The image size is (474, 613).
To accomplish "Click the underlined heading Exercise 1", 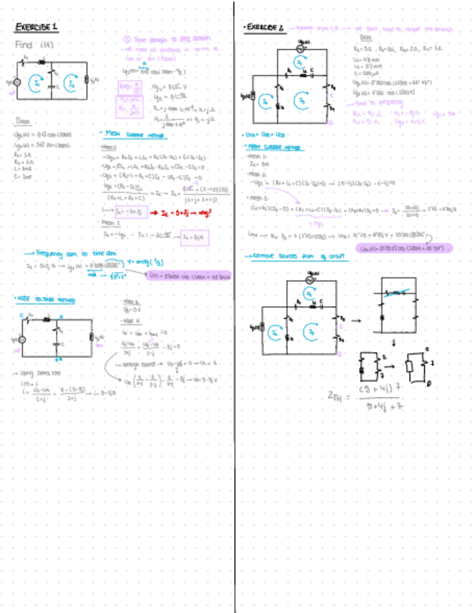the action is click(x=37, y=27).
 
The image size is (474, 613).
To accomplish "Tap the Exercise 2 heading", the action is click(x=264, y=27).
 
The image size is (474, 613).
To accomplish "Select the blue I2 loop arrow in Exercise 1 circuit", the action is click(x=70, y=83).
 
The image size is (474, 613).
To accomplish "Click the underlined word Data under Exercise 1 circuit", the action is click(x=21, y=122).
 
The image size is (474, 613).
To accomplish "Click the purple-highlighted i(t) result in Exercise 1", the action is click(x=189, y=275).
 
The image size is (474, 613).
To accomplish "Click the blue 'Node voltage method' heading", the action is click(x=46, y=299).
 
